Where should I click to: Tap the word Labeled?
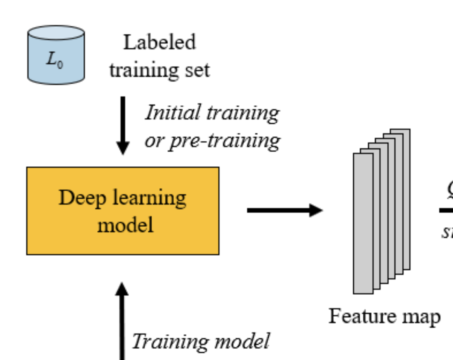tap(159, 43)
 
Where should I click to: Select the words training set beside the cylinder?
tap(159, 70)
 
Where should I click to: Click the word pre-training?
tap(224, 140)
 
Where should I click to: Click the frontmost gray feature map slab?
tap(363, 223)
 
